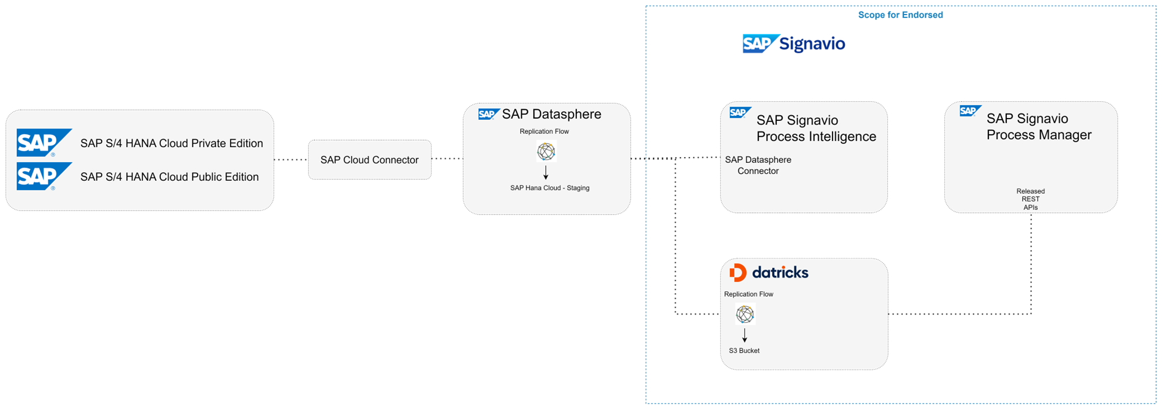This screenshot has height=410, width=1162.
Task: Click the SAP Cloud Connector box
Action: pos(370,160)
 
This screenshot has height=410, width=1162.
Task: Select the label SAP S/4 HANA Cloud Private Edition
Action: pos(171,143)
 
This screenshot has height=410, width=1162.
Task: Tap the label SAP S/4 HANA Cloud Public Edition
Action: pos(169,177)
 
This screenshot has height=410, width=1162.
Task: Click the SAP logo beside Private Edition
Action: pos(43,142)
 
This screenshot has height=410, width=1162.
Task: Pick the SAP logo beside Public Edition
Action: pos(43,176)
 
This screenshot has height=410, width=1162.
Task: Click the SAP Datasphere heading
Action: pos(551,114)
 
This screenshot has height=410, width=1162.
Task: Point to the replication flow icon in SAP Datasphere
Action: pos(546,152)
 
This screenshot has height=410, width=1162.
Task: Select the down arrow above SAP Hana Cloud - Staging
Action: pos(546,173)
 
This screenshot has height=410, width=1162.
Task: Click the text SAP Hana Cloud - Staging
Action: pos(550,188)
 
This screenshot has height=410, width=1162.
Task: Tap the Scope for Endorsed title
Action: pos(901,15)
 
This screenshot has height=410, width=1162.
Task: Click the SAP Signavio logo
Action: pos(794,44)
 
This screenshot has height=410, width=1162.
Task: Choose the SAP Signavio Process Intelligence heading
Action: pos(816,129)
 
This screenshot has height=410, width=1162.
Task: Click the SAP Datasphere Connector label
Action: pos(758,165)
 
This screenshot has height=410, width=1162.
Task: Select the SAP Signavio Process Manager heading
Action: pos(1039,127)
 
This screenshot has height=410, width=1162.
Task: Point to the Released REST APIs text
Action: pos(1030,199)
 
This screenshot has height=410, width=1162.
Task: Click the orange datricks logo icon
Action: pos(737,272)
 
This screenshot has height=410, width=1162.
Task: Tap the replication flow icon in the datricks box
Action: pos(745,315)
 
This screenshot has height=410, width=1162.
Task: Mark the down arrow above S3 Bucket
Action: pos(744,336)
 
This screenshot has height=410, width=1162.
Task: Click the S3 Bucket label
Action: pos(744,351)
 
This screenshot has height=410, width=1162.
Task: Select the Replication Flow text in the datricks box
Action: pos(748,294)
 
